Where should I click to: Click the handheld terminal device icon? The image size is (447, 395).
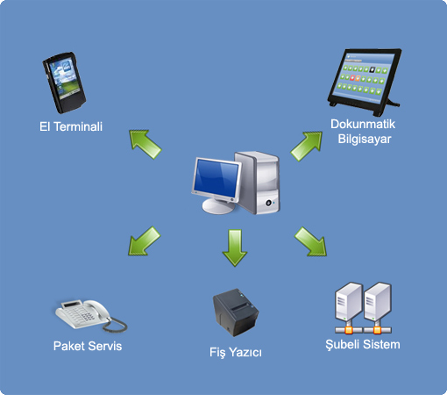tap(64, 83)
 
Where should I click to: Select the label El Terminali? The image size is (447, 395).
tap(71, 126)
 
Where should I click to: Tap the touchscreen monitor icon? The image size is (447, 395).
tap(365, 79)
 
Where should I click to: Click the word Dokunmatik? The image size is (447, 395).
tap(363, 124)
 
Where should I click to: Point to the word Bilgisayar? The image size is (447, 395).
tap(365, 139)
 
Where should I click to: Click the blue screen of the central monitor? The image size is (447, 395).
tap(216, 178)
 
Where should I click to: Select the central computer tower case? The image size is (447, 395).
tap(258, 183)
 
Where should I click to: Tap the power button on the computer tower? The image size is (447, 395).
tap(268, 203)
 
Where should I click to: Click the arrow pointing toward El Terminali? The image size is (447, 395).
tap(145, 144)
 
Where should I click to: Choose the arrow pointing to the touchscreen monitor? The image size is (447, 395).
tap(307, 146)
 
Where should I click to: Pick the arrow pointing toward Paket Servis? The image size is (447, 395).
tap(144, 241)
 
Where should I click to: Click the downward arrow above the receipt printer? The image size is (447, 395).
tap(235, 248)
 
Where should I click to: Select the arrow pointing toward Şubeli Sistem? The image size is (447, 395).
tap(310, 241)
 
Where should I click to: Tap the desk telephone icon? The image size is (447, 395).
tap(91, 316)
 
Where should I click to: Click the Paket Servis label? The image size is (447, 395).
tap(88, 346)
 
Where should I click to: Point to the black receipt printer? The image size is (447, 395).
tap(236, 312)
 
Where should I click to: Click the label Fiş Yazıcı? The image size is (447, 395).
tap(236, 352)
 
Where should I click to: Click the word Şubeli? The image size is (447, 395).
tap(343, 344)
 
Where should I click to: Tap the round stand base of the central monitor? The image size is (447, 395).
tap(218, 206)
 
